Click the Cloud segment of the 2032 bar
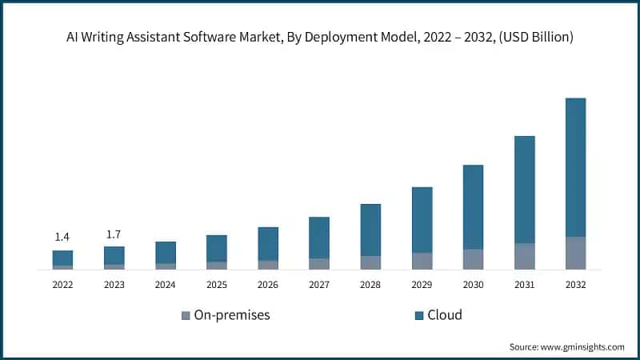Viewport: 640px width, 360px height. [x=575, y=167]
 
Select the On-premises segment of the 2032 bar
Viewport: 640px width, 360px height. [x=575, y=253]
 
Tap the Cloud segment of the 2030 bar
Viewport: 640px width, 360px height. [x=473, y=207]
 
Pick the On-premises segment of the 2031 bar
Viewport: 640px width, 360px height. [x=524, y=256]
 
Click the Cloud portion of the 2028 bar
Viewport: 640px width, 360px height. [x=370, y=230]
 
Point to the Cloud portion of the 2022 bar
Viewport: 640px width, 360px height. [x=62, y=258]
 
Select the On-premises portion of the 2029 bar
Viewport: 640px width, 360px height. [x=422, y=261]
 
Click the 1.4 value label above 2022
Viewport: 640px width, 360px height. [x=62, y=237]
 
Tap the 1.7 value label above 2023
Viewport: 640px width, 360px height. [x=114, y=234]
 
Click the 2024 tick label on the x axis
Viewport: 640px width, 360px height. [x=165, y=284]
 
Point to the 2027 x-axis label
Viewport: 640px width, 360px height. [x=319, y=284]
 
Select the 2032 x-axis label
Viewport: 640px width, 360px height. [x=575, y=284]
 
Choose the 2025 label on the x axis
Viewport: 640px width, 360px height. [x=216, y=284]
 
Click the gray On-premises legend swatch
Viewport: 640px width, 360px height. [x=186, y=315]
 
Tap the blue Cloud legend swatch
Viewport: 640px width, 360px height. [x=418, y=315]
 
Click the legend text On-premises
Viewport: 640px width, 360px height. [x=233, y=315]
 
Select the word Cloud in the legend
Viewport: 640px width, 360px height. [x=445, y=315]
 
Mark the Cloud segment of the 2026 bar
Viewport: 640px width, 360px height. [x=268, y=243]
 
